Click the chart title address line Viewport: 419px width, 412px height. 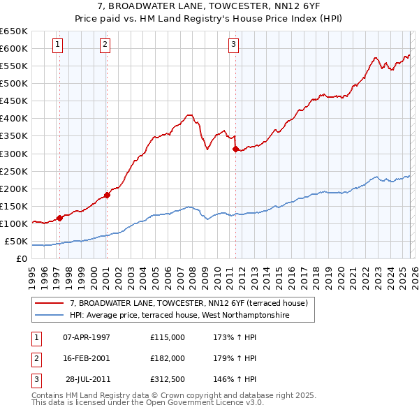pyautogui.click(x=209, y=5)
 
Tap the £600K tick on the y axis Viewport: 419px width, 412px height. pyautogui.click(x=14, y=48)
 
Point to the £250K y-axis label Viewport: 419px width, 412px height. pyautogui.click(x=14, y=171)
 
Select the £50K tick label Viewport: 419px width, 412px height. pyautogui.click(x=16, y=241)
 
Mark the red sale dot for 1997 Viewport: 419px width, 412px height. pyautogui.click(x=60, y=218)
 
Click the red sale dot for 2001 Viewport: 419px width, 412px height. pyautogui.click(x=107, y=195)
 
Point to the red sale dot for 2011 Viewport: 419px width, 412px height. pyautogui.click(x=235, y=149)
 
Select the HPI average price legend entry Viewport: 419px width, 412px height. pyautogui.click(x=179, y=315)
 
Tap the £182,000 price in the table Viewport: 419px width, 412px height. pyautogui.click(x=168, y=358)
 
